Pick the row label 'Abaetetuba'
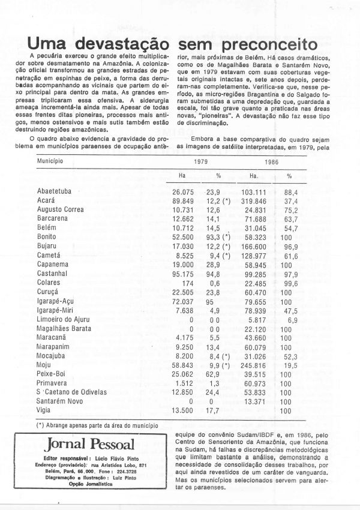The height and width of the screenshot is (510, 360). [56, 191]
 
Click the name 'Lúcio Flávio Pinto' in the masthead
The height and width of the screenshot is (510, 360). [122, 458]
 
